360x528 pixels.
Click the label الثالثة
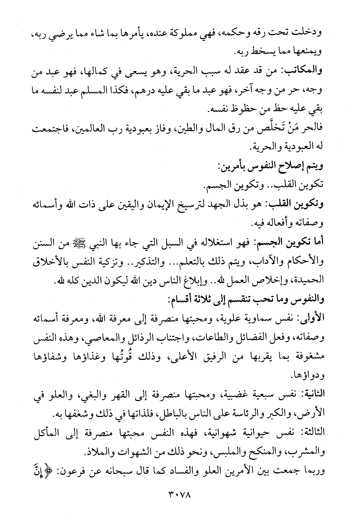[313, 432]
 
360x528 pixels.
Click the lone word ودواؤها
[312, 376]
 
